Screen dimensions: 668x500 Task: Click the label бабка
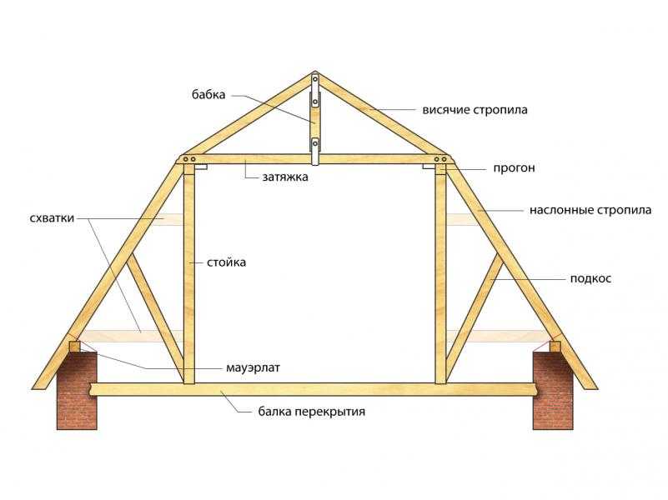coord(208,94)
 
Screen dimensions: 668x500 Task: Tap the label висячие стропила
coord(475,110)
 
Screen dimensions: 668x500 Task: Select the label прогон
coord(514,168)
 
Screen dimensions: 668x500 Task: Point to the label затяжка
coord(285,177)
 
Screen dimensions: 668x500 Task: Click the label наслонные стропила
coord(590,210)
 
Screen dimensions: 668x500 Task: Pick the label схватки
coord(52,218)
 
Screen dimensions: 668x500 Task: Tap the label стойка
coord(226,262)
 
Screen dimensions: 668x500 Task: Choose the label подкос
coord(590,278)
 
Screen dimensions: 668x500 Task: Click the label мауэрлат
coord(253,367)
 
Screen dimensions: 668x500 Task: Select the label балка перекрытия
coord(312,412)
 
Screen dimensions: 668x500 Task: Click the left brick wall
coord(77,390)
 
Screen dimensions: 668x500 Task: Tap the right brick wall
coord(553,390)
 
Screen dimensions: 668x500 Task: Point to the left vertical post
coord(189,274)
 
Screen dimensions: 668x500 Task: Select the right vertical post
coord(440,274)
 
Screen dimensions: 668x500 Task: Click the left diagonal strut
coord(155,317)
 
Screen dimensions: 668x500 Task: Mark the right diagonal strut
coord(475,317)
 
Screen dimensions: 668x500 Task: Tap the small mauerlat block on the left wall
coord(74,346)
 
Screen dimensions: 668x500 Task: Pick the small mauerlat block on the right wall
coord(555,346)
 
